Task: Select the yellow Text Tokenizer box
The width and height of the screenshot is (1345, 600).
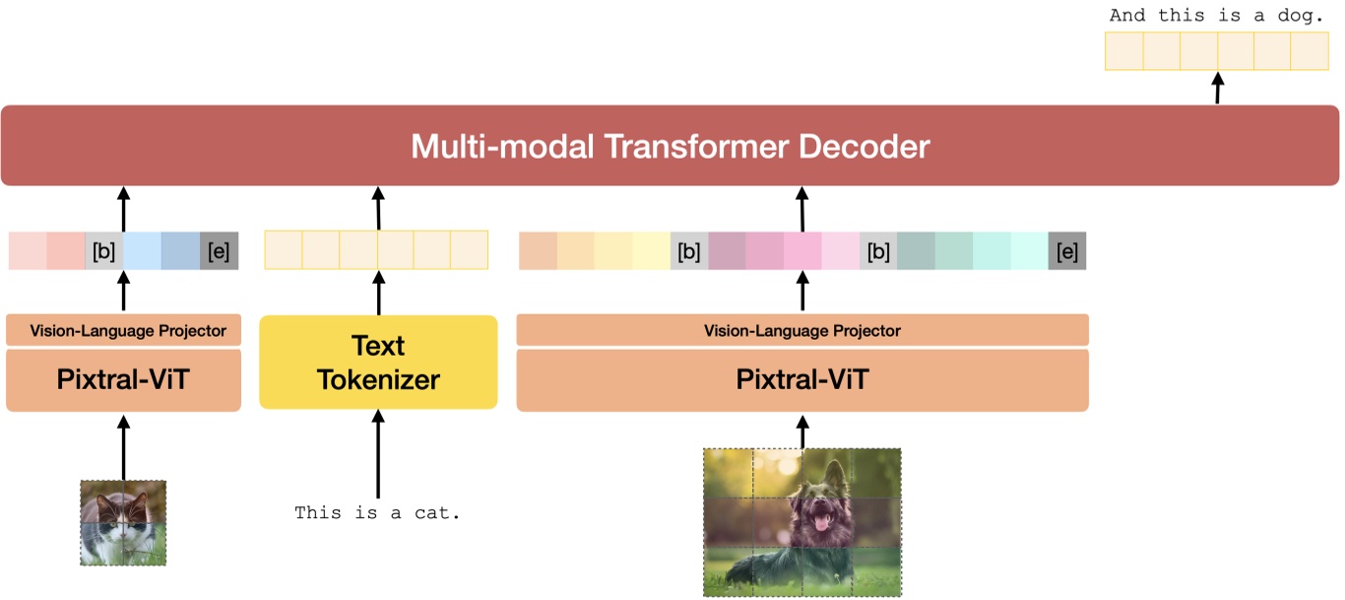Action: pos(378,362)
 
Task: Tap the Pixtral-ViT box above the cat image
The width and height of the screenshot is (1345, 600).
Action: pos(123,380)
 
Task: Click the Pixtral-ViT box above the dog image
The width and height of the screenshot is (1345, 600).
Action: pos(801,380)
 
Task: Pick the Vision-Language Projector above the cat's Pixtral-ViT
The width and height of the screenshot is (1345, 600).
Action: pos(123,330)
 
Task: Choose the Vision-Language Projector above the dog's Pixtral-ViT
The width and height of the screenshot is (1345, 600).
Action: pos(801,330)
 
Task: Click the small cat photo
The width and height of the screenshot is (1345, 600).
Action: pos(123,522)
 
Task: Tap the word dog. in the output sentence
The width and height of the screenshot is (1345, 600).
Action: pos(1298,16)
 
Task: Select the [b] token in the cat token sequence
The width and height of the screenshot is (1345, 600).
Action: pos(103,251)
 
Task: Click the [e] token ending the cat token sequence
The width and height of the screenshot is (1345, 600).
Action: pos(219,251)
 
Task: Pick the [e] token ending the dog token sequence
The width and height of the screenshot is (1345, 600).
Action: pos(1066,251)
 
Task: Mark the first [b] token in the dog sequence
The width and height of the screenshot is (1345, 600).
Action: pos(689,251)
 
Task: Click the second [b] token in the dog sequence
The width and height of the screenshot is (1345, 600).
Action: pos(878,251)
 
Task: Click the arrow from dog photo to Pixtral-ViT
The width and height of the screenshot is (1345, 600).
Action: pos(801,431)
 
